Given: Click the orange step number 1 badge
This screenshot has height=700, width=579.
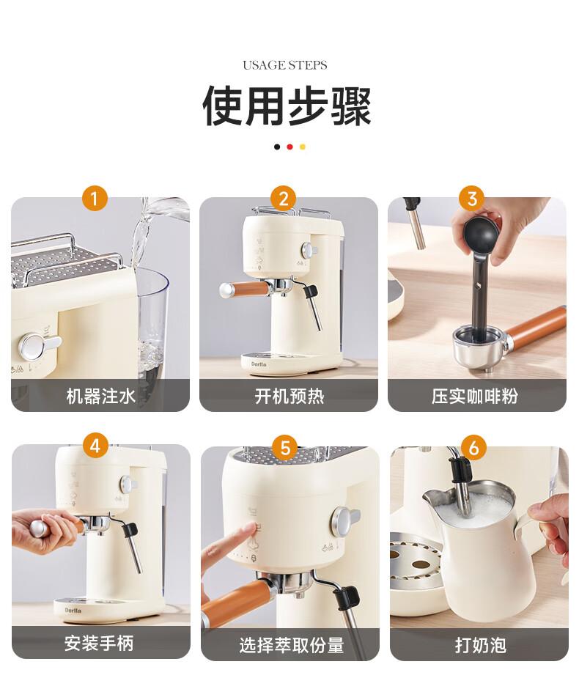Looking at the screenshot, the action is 95,198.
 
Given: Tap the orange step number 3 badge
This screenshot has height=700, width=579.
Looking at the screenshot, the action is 472,198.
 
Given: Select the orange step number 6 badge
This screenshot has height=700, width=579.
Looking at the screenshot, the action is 473,447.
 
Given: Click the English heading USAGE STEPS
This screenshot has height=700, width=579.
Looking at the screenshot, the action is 285,65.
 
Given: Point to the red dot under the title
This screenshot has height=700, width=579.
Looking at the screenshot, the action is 289,147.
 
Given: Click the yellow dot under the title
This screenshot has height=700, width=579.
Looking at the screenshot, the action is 302,147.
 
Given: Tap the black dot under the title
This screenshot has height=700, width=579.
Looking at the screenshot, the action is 277,147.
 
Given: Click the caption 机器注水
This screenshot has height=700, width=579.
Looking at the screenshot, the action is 100,396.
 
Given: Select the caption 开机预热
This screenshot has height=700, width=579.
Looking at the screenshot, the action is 289,396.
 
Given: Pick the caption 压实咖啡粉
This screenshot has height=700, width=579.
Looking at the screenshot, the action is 474,396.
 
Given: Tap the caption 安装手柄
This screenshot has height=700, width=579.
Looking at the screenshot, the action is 99,644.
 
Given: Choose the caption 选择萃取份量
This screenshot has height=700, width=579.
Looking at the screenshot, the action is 292,645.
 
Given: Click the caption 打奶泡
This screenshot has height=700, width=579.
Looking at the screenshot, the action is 480,645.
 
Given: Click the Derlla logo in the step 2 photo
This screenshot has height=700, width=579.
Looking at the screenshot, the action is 259,364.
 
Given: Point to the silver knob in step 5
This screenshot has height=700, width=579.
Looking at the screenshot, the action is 345,520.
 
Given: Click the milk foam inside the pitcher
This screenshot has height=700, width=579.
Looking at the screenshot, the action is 473,507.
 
